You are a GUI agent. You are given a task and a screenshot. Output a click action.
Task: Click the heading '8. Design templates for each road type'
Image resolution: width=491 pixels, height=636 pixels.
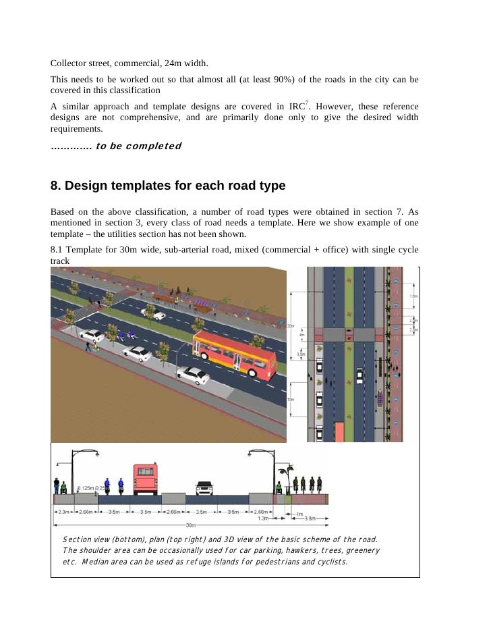tap(168, 185)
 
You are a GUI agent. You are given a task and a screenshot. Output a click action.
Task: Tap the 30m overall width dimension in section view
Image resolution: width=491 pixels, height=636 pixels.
tap(192, 524)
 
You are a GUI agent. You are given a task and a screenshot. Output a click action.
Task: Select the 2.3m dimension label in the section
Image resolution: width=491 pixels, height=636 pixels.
tap(63, 512)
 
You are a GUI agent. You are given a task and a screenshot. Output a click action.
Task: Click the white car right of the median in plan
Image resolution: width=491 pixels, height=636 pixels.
tap(359, 375)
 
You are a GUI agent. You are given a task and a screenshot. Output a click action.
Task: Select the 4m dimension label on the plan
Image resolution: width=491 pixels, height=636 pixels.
tap(302, 335)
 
